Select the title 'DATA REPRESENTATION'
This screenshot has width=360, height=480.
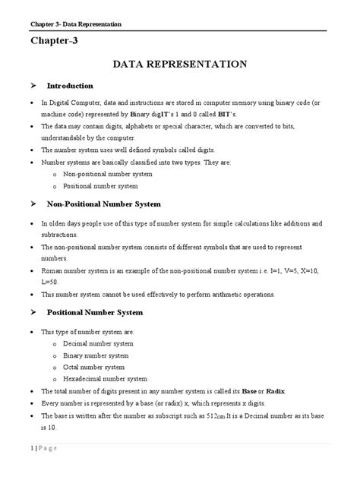(x=179, y=65)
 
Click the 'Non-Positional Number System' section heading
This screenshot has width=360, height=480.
(x=114, y=204)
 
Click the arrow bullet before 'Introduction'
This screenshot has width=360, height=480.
(x=33, y=86)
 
